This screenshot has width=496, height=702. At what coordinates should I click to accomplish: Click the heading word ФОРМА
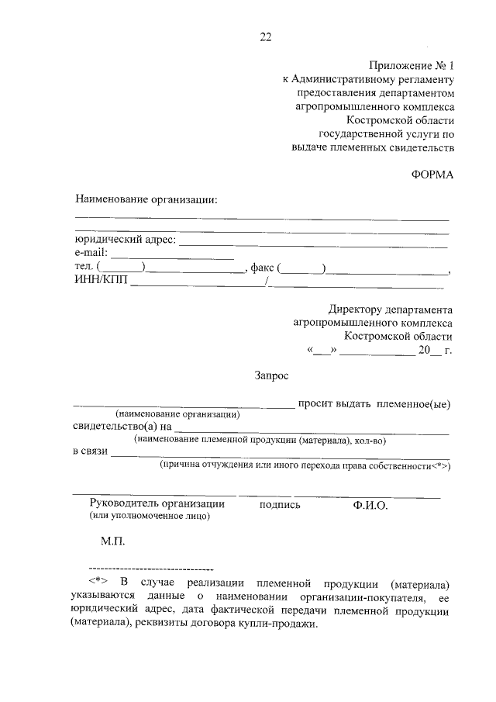click(432, 174)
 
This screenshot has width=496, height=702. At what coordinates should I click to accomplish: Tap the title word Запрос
click(271, 375)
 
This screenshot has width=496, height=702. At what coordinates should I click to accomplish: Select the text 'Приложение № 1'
click(410, 65)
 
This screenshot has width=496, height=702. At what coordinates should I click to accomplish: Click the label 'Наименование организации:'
click(146, 199)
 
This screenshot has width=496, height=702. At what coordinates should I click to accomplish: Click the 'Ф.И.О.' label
click(370, 504)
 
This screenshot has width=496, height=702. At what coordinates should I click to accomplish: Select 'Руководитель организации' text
click(162, 504)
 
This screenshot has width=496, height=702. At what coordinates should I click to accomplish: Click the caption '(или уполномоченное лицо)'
click(150, 516)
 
